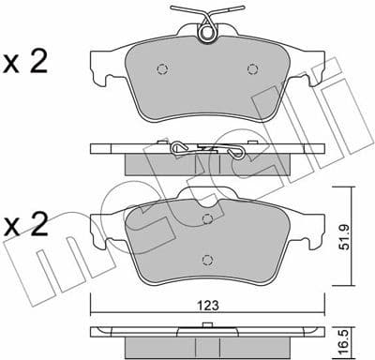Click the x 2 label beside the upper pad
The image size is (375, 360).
click(x=26, y=63)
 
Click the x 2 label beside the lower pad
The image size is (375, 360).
click(x=26, y=225)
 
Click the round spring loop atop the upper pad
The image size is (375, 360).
click(x=209, y=35)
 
